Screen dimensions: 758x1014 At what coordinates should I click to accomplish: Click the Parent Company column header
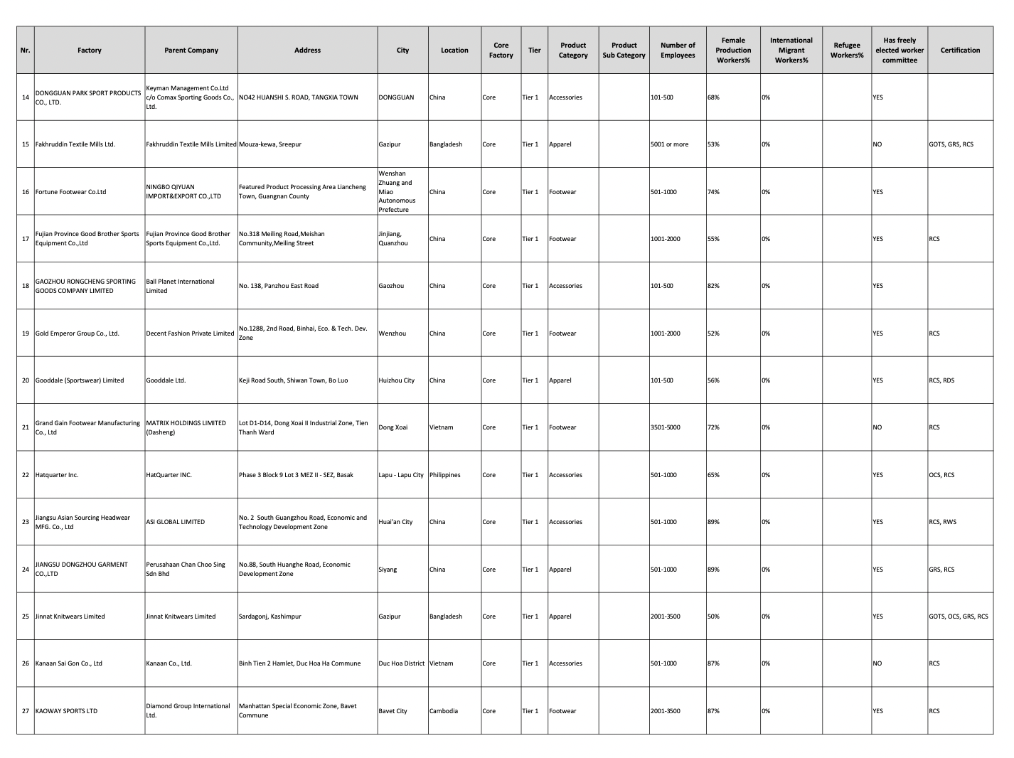pos(191,50)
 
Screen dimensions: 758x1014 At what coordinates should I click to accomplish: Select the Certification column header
pos(959,50)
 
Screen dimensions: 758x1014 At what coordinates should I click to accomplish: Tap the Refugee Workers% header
pos(846,50)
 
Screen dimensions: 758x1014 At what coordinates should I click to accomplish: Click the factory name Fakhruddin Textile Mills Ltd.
pos(75,144)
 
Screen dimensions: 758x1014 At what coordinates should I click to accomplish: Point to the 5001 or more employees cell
pos(669,144)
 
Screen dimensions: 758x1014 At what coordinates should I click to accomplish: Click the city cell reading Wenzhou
pos(393,333)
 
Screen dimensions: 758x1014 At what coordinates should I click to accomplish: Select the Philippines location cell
pos(445,475)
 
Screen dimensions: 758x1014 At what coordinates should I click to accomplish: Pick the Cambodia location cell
pos(444,711)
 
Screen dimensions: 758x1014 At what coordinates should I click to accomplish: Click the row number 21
pos(26,427)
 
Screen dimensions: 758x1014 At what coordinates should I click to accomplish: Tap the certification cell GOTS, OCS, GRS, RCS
pos(958,616)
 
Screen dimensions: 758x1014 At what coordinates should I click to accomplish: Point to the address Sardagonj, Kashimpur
pos(269,616)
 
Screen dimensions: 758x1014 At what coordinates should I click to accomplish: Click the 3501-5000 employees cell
pos(665,427)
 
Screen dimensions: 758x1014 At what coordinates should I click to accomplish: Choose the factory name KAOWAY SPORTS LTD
pos(66,711)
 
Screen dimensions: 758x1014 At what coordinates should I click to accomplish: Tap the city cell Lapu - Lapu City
pos(401,475)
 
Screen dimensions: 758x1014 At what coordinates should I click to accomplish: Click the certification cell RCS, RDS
pos(941,380)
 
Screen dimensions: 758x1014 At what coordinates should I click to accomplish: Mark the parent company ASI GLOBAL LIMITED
pos(175,522)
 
